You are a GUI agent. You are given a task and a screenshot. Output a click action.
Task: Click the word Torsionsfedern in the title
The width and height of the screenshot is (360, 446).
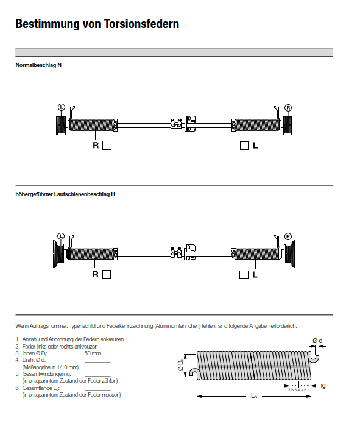pyautogui.click(x=141, y=24)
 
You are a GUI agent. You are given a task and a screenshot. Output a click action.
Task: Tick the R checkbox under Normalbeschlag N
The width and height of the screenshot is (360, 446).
pyautogui.click(x=107, y=146)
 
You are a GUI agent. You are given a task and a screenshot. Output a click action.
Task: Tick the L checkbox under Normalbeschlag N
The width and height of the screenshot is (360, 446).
pyautogui.click(x=244, y=146)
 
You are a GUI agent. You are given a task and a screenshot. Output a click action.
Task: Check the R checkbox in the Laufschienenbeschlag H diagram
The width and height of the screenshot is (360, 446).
pyautogui.click(x=107, y=274)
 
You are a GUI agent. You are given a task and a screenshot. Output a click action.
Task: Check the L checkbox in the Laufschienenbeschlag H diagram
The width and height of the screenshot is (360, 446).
pyautogui.click(x=244, y=274)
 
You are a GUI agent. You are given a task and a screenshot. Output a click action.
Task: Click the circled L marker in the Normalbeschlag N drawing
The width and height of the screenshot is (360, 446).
pyautogui.click(x=62, y=107)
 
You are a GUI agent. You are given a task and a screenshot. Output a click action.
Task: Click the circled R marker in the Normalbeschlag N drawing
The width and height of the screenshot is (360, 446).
pyautogui.click(x=288, y=108)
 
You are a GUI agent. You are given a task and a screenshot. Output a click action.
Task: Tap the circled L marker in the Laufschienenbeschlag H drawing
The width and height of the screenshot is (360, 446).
pyautogui.click(x=61, y=236)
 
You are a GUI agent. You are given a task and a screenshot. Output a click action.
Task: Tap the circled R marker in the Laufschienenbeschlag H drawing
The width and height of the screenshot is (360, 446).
pyautogui.click(x=288, y=236)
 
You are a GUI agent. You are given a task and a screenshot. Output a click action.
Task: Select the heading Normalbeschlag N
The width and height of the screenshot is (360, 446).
pyautogui.click(x=38, y=65)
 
